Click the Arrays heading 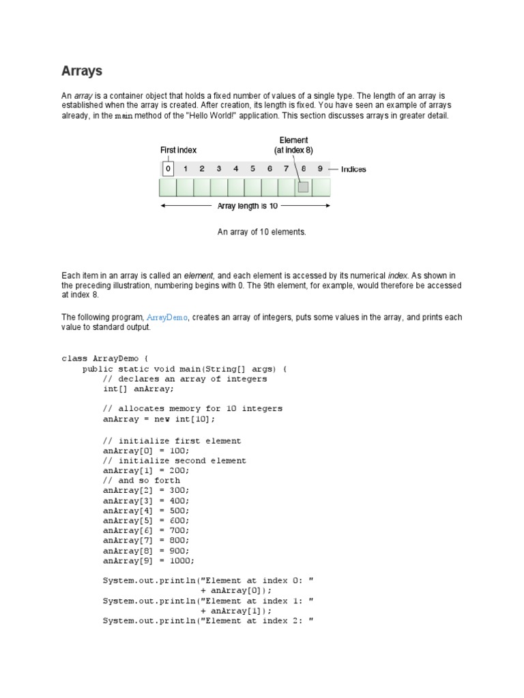tap(82, 71)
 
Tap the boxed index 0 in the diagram tap(168, 168)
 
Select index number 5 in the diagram tap(252, 168)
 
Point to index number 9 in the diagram tap(320, 168)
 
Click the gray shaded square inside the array tap(303, 187)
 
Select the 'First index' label tap(178, 150)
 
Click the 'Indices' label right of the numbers tap(353, 169)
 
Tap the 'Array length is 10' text tap(247, 206)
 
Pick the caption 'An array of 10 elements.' tap(262, 232)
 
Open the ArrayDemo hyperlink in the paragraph tap(167, 318)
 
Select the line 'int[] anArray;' tap(139, 389)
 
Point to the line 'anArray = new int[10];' tap(158, 419)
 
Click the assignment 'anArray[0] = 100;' tap(146, 451)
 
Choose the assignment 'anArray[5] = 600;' tap(146, 521)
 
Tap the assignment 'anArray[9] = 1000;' tap(149, 561)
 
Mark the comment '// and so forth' tap(141, 481)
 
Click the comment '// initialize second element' tap(174, 461)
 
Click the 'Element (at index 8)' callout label tap(293, 145)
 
